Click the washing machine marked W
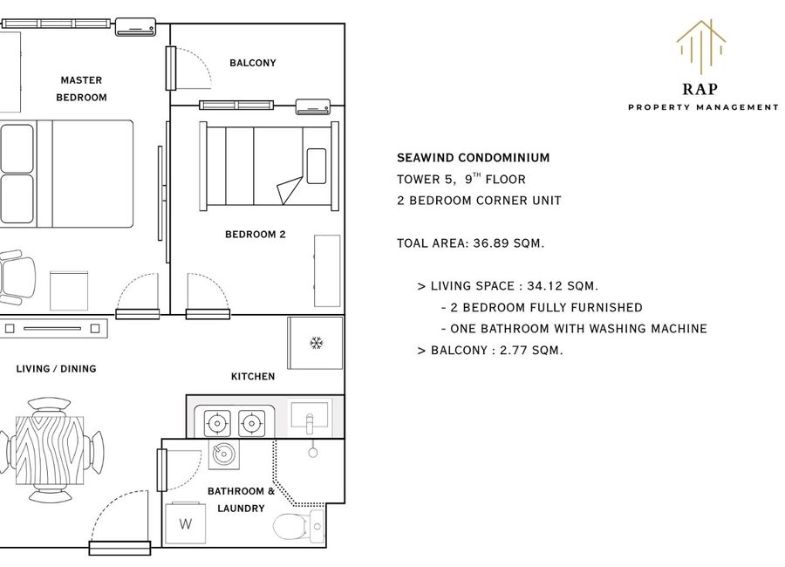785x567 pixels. (185, 523)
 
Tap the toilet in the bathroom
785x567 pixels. (299, 526)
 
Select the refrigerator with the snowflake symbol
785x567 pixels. (316, 343)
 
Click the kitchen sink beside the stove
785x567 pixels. (310, 417)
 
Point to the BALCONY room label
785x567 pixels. (253, 63)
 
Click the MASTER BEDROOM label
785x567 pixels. (81, 89)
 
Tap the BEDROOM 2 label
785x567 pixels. (256, 235)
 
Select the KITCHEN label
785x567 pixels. (253, 376)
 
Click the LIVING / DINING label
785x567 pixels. (56, 369)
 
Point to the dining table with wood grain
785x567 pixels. (50, 450)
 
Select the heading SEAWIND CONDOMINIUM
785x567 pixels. (473, 158)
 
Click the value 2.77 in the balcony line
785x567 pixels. (513, 350)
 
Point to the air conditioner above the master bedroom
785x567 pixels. (136, 27)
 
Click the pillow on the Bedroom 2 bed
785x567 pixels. (317, 166)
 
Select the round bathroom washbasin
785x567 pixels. (223, 454)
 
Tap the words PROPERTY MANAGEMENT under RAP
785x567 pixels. (703, 107)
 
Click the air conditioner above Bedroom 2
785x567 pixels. (313, 106)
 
